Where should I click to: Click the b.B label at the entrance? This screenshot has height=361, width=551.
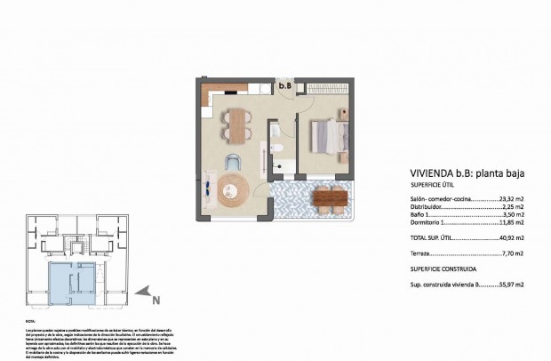coord(284,86)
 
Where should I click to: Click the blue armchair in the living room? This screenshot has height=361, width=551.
coord(232,162)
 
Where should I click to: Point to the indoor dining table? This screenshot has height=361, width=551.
coord(236,124)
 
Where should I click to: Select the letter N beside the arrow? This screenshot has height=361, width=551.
coord(156,301)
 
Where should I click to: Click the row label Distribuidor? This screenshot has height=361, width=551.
coord(429,207)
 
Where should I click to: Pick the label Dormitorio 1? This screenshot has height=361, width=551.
coord(430,222)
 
